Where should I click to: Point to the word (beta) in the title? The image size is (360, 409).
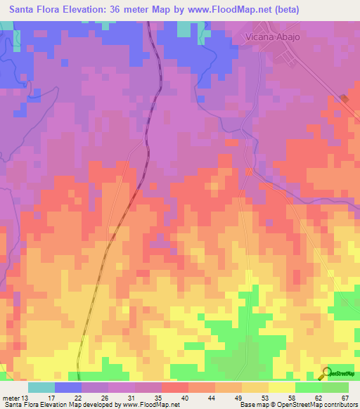282,9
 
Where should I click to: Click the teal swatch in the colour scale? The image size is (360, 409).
41,387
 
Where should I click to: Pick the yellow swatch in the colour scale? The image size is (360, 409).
282,387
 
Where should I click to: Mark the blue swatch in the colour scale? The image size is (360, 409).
68,387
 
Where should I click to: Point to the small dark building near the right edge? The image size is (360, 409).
344,99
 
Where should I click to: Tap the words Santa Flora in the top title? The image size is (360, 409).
31,9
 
